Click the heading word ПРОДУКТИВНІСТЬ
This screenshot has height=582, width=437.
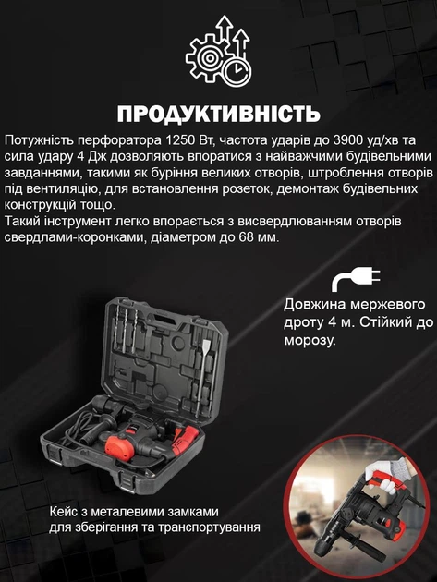pyautogui.click(x=218, y=114)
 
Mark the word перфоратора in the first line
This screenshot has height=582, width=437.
pyautogui.click(x=112, y=139)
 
